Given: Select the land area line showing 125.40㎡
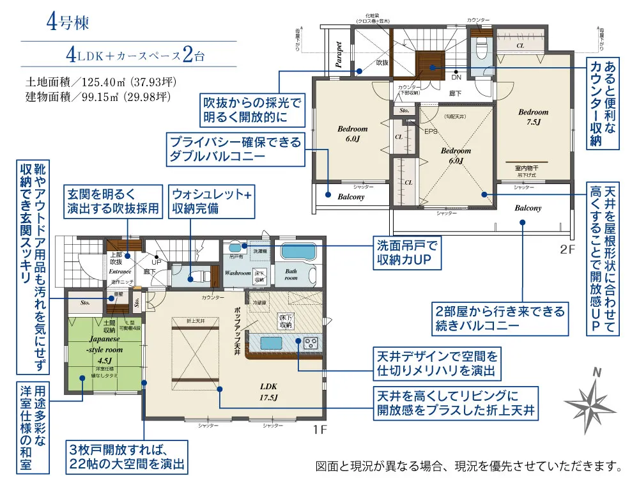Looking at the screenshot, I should (101, 82).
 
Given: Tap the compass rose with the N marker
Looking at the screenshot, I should (593, 397).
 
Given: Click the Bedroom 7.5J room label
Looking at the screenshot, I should (533, 116).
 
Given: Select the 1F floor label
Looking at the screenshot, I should (319, 430).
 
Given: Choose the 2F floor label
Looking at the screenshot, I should (567, 249).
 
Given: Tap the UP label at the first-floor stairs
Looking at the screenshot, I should (155, 263).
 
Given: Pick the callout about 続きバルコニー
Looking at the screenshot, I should (500, 319).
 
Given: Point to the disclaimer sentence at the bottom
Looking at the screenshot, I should (469, 464).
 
